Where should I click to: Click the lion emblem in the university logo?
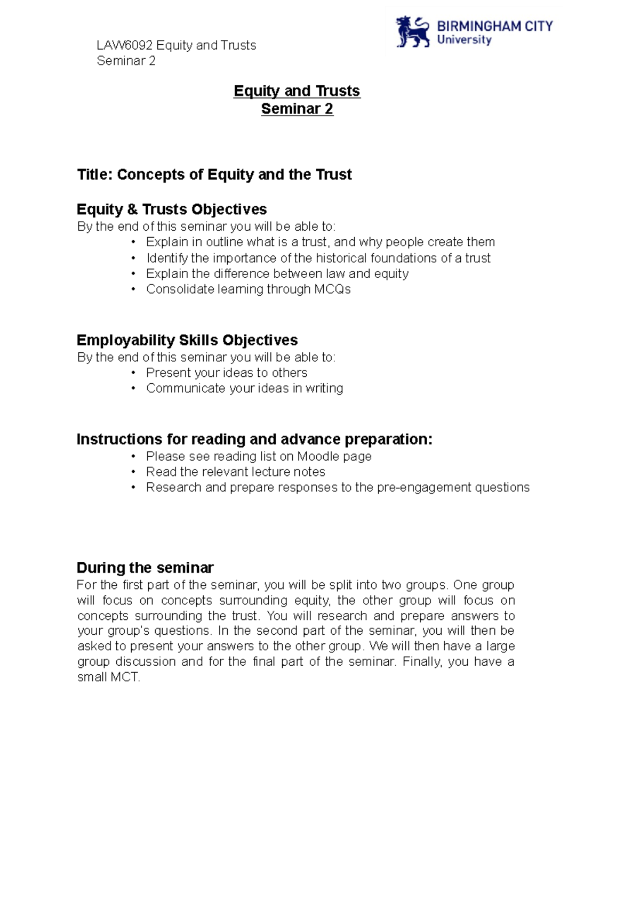tap(412, 33)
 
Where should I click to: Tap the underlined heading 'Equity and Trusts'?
tap(297, 91)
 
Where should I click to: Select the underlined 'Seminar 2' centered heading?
tap(297, 109)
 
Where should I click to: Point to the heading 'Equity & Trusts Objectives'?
tap(171, 209)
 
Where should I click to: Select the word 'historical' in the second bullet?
tap(341, 258)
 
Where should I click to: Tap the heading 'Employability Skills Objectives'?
tap(187, 340)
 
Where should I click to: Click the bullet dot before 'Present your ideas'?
tap(133, 373)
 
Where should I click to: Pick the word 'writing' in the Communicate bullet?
tap(324, 389)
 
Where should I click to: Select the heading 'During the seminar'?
tap(145, 568)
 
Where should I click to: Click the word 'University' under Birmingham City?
tap(464, 40)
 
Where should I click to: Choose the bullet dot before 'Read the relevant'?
tap(133, 472)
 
